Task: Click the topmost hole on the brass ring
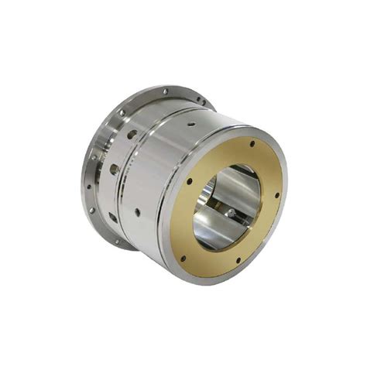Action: (x=253, y=142)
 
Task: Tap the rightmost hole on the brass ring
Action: (x=277, y=194)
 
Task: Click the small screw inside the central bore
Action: (x=230, y=211)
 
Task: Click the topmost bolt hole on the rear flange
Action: (x=165, y=91)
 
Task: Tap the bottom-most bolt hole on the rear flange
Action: (x=118, y=243)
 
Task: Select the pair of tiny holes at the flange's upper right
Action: (x=200, y=101)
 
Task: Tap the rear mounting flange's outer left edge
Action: (x=83, y=178)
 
